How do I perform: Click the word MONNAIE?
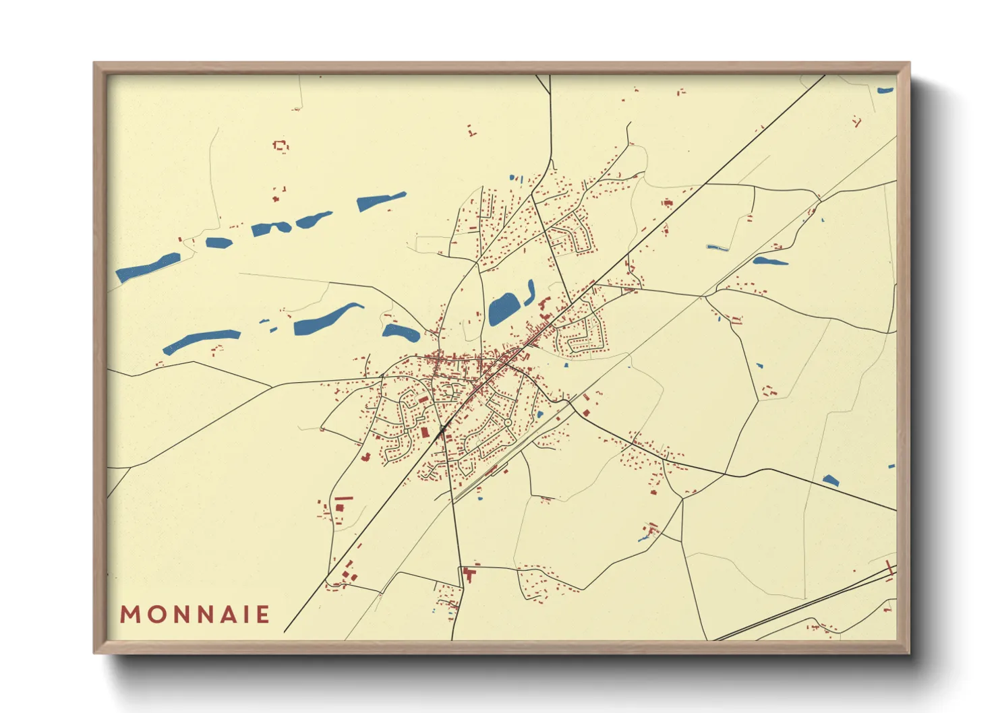click(195, 615)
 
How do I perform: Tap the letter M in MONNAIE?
click(129, 615)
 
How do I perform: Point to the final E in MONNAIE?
click(263, 615)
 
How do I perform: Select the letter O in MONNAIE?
click(150, 615)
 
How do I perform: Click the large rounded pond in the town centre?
click(502, 309)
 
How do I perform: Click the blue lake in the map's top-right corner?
click(885, 90)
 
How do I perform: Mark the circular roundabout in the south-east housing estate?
click(507, 423)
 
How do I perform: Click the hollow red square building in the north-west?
click(281, 145)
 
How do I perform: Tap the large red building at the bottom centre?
click(469, 575)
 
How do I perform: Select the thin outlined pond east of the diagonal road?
click(717, 248)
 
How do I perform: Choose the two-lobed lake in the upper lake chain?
click(271, 228)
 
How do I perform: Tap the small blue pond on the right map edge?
click(891, 466)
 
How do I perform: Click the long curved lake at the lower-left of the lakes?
click(201, 340)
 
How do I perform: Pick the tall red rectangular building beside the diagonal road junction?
click(425, 431)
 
